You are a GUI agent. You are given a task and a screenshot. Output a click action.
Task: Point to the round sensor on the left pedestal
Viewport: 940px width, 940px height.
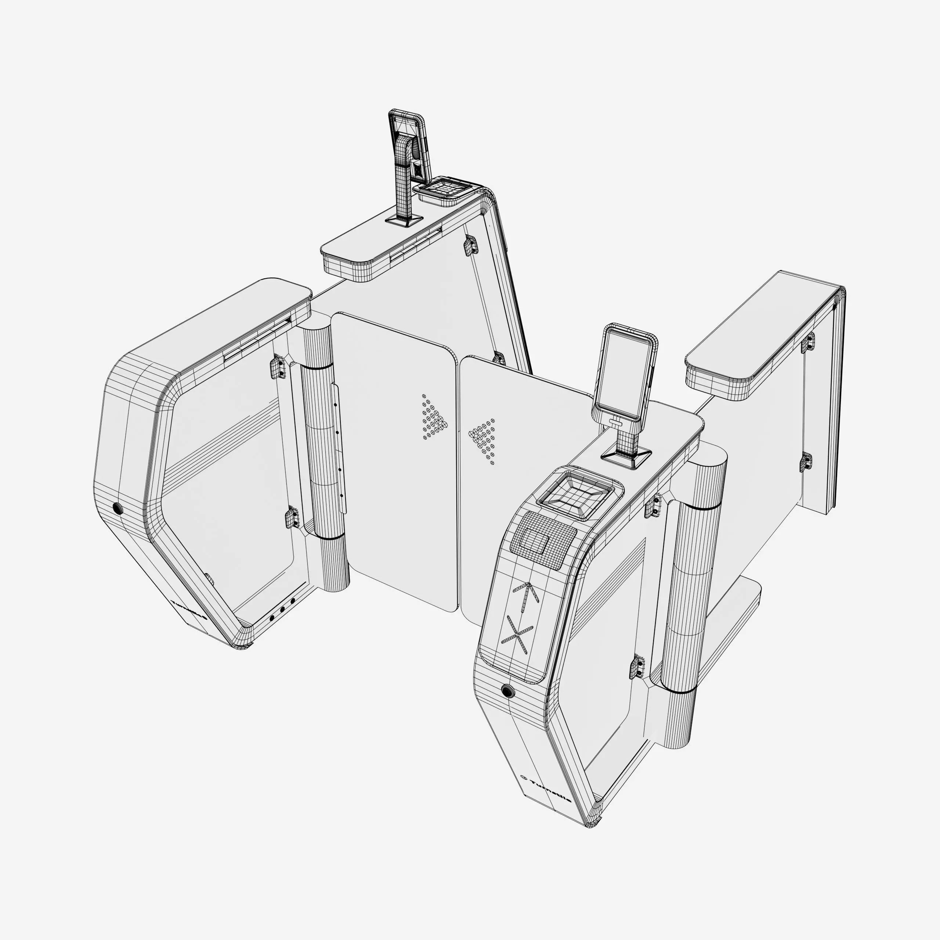(117, 509)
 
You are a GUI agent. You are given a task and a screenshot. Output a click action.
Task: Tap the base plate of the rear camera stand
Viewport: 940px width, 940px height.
(403, 220)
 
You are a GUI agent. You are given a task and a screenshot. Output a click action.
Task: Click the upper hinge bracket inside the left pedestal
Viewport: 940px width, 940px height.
(277, 367)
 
